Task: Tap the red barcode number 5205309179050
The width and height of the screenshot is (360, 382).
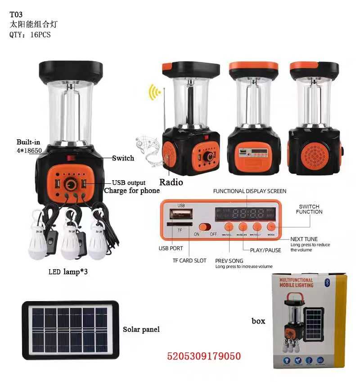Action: [204, 356]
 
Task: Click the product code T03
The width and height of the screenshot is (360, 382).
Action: [16, 14]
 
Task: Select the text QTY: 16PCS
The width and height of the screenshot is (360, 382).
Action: [30, 35]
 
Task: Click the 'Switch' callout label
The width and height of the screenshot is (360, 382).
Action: [123, 158]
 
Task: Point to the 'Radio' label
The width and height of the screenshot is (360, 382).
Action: [171, 182]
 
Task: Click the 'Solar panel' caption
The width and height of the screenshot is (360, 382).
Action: [141, 329]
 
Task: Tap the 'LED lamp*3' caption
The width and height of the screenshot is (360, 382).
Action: [68, 272]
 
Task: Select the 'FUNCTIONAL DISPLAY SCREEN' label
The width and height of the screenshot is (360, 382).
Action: [249, 191]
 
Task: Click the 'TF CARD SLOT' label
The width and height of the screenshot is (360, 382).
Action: [189, 261]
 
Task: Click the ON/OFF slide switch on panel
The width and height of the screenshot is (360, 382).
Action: [206, 227]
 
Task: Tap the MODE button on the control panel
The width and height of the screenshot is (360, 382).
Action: [271, 227]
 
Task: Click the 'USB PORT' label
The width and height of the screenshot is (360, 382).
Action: [171, 248]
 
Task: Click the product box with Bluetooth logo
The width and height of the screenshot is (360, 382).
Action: [310, 320]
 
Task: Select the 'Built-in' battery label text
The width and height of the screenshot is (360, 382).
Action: [28, 142]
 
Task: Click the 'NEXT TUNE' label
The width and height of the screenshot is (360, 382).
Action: [304, 239]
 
